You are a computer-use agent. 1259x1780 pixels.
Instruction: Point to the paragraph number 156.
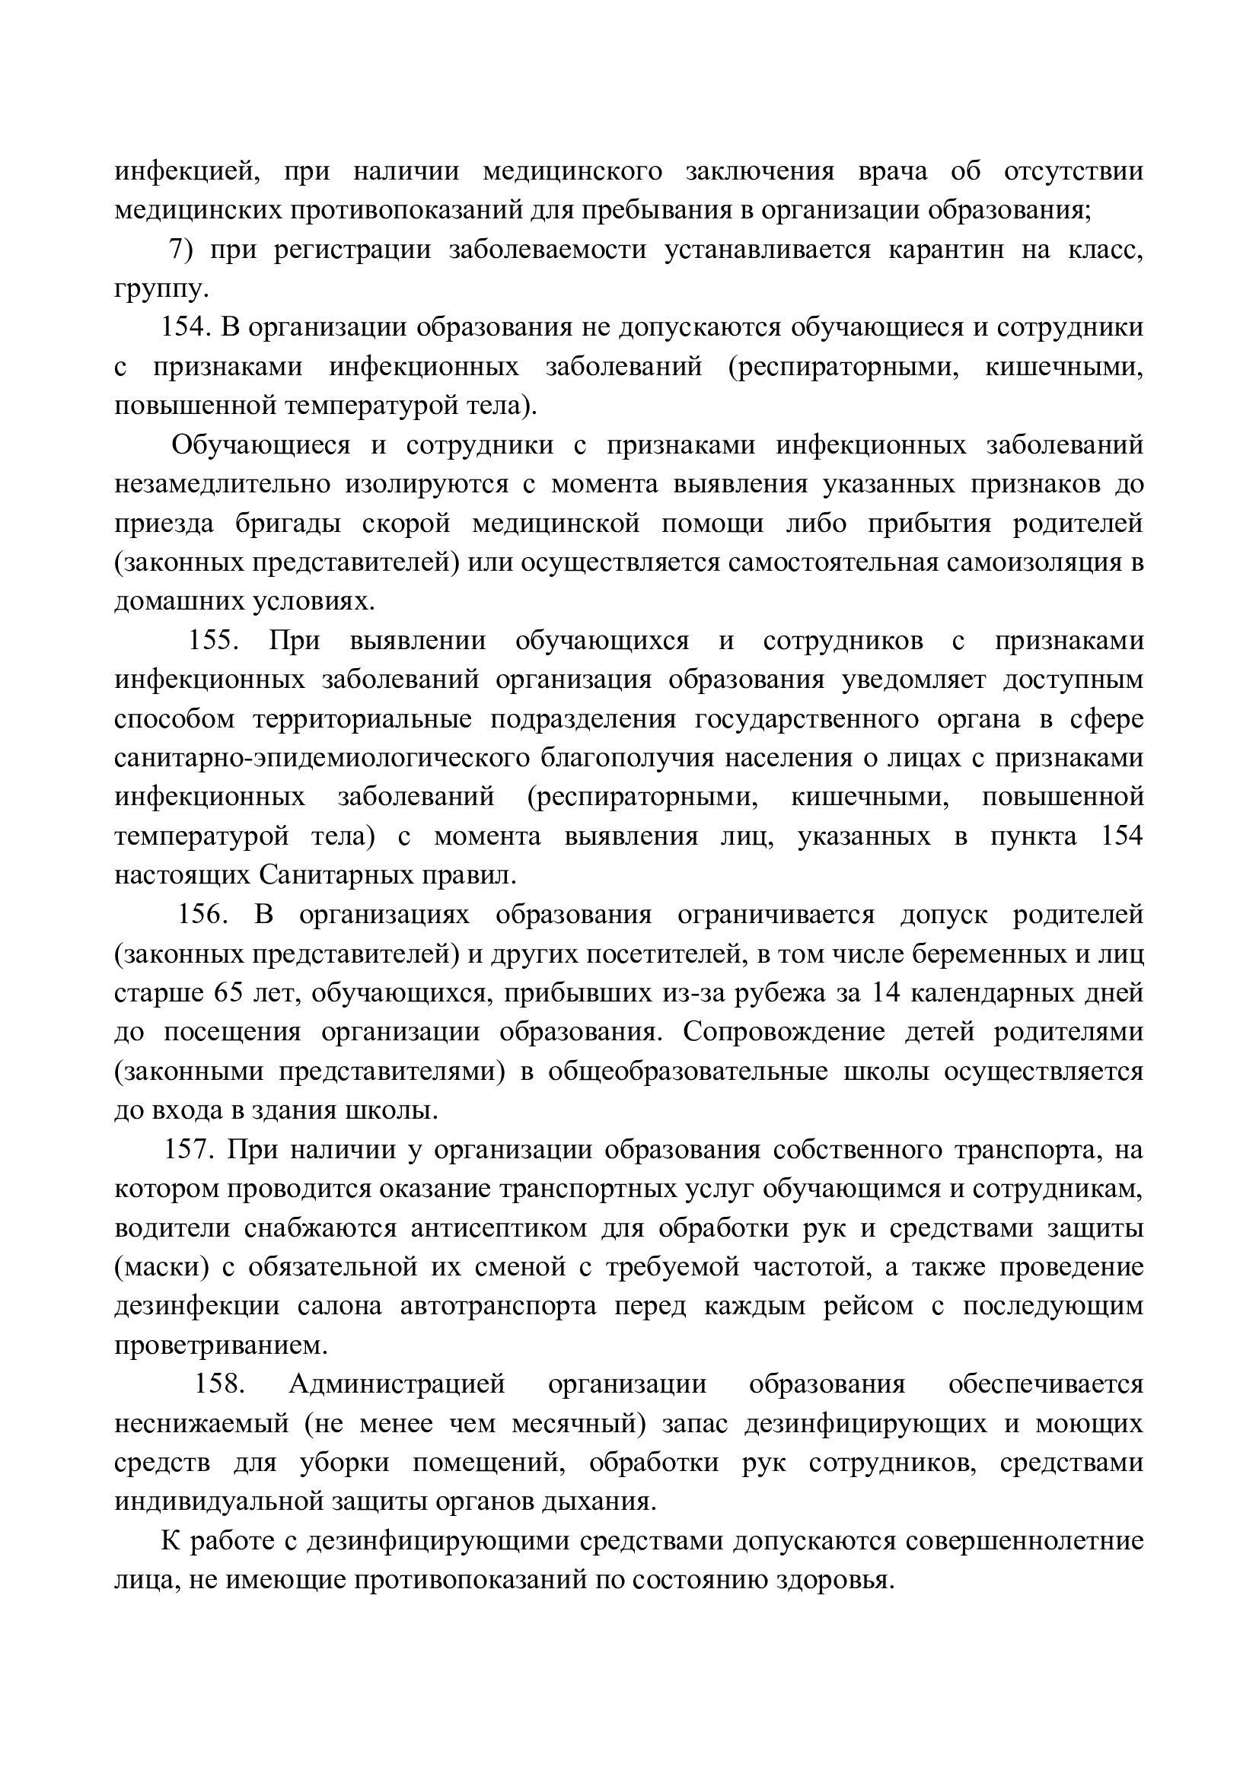pos(202,915)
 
